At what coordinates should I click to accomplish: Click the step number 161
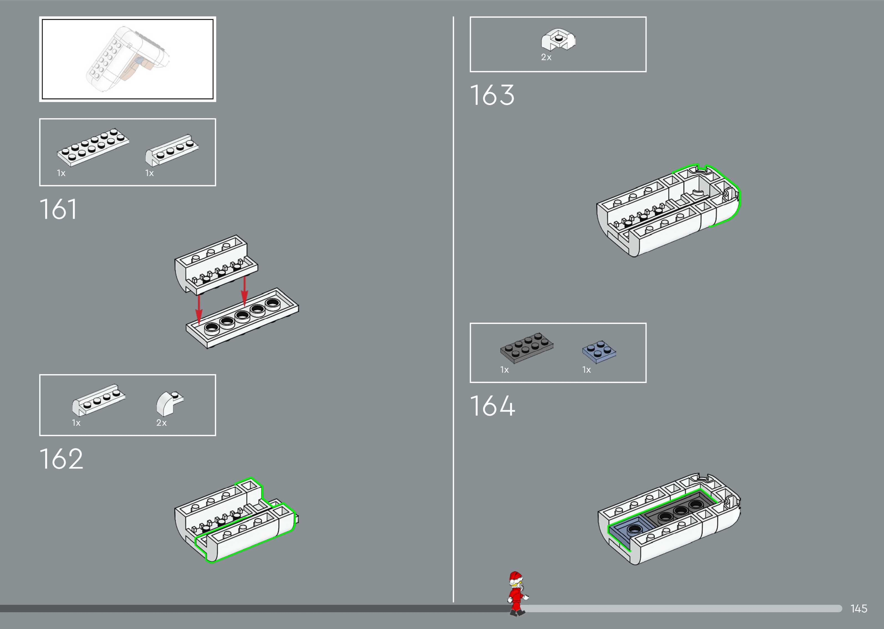point(58,210)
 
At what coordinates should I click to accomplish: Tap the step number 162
point(61,459)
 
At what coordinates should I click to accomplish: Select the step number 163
point(492,95)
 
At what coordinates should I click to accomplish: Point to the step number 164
point(492,406)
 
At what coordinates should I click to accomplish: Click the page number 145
point(858,608)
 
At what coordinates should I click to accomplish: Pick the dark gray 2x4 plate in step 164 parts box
point(526,347)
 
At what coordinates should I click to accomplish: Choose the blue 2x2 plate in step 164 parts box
point(599,351)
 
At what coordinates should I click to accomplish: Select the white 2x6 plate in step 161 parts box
point(93,147)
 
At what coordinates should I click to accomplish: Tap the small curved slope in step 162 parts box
point(169,403)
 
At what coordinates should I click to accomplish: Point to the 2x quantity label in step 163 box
point(546,57)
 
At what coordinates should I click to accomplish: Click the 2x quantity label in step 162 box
point(161,423)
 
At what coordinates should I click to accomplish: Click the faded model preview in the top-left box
point(127,59)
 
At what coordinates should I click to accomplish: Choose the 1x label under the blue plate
point(586,370)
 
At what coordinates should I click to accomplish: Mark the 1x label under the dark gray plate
point(504,370)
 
